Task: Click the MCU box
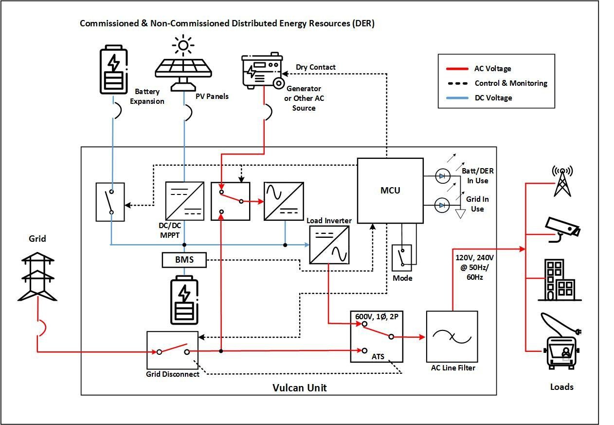390,191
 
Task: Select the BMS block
184,260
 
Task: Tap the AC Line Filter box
452,337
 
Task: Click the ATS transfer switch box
377,337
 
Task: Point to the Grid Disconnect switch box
172,350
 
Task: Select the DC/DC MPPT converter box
184,201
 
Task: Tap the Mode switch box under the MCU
402,257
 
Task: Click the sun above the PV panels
183,46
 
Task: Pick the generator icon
262,72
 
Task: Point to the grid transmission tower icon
37,275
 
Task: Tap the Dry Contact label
315,67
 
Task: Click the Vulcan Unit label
299,388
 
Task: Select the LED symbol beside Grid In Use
442,205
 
